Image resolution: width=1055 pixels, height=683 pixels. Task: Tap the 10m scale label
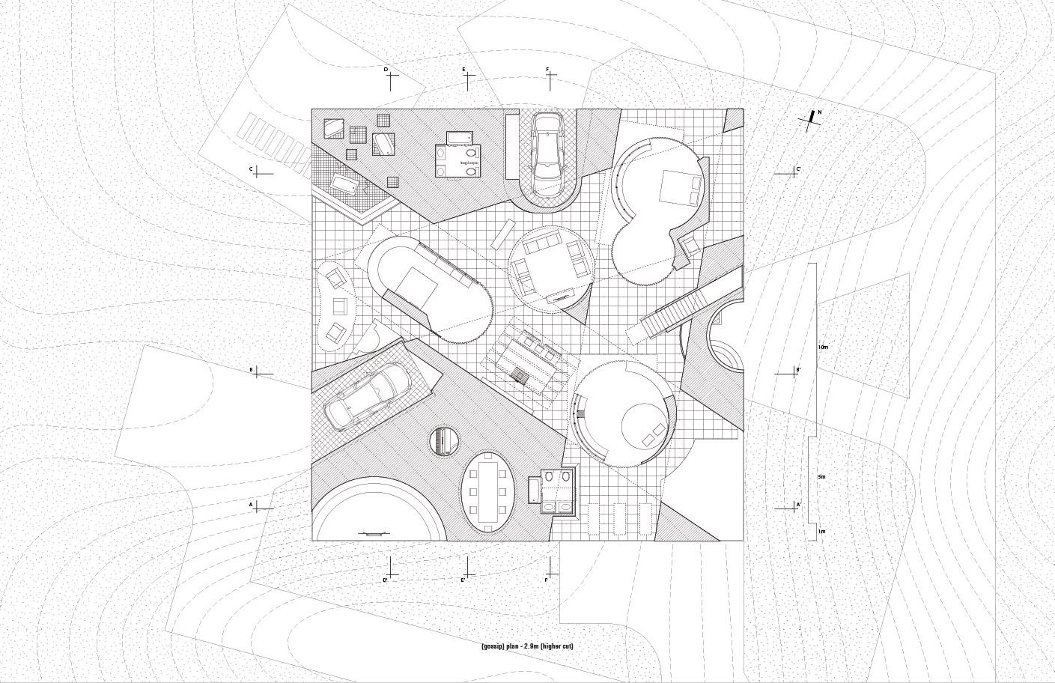point(822,347)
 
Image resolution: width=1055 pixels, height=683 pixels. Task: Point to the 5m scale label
point(821,476)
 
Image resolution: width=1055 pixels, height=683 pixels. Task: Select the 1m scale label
point(821,531)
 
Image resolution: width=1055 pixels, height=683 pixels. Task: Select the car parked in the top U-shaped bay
point(545,144)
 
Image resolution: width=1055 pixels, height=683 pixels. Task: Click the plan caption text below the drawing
point(527,646)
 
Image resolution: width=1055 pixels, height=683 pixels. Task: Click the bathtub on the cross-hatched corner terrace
point(346,185)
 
